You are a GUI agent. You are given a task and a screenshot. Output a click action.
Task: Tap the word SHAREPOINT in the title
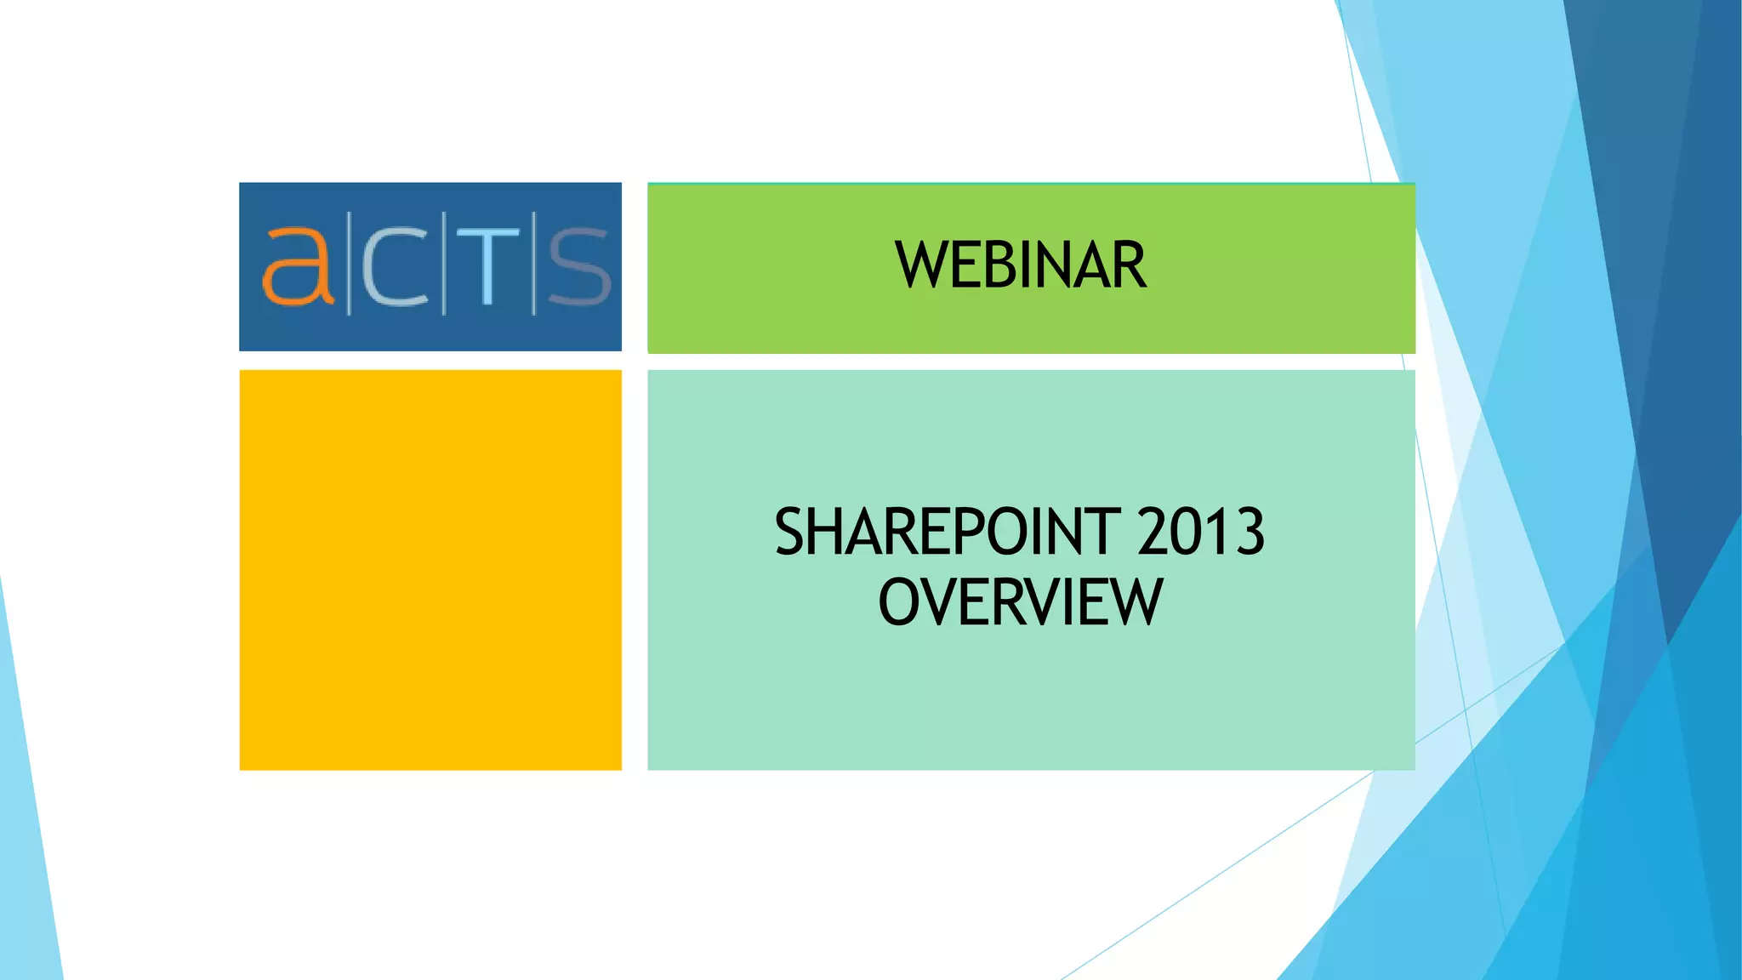948,532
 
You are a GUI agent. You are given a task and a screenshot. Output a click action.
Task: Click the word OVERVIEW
1020,602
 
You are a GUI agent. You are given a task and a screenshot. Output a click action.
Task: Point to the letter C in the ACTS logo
396,267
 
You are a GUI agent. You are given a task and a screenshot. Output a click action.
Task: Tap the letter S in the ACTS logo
579,267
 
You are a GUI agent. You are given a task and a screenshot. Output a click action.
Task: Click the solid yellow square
430,570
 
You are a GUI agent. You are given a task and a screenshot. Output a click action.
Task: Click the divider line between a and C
348,265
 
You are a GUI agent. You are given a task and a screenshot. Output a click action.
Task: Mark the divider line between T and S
534,265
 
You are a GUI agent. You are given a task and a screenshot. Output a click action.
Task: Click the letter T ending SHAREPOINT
1104,532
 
